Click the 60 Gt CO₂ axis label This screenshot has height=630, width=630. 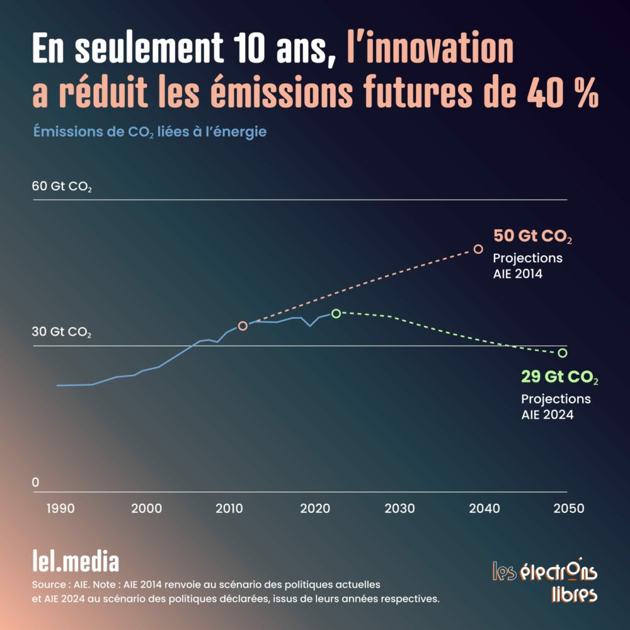[x=62, y=186]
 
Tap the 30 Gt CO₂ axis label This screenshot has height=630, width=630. [x=62, y=332]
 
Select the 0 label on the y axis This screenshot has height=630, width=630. [x=35, y=483]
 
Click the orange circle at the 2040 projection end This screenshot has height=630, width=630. [x=478, y=249]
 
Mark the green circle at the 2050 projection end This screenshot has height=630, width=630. [x=562, y=353]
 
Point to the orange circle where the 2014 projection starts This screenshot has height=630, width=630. [x=243, y=326]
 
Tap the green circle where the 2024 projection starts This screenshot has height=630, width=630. [x=336, y=313]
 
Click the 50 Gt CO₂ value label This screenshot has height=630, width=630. [x=532, y=237]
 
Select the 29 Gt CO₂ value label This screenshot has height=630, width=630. [x=559, y=378]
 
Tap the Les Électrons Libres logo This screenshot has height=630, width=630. [x=545, y=580]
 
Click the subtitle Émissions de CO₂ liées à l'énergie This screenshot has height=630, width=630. [x=150, y=132]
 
